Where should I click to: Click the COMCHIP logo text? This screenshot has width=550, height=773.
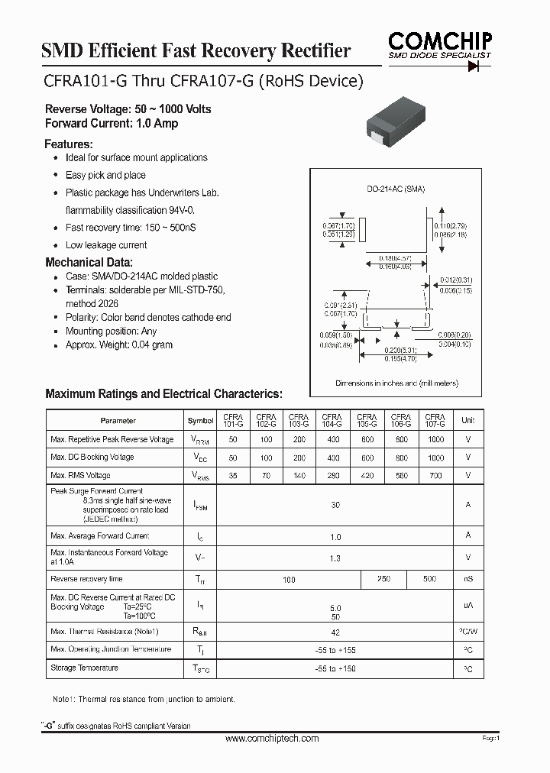click(x=438, y=41)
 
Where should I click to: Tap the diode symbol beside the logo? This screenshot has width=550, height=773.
click(x=480, y=66)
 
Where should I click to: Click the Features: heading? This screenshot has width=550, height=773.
click(x=69, y=144)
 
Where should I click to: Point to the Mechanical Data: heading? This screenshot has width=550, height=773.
click(x=89, y=262)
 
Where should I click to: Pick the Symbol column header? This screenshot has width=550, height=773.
click(x=200, y=421)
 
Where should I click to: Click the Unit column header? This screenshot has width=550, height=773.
click(x=467, y=421)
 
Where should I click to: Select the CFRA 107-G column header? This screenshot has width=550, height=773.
click(x=435, y=420)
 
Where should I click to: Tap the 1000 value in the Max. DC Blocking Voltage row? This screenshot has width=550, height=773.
click(x=435, y=458)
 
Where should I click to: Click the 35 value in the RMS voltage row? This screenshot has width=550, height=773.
click(x=233, y=475)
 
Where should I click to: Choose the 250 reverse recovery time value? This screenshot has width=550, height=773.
click(x=384, y=579)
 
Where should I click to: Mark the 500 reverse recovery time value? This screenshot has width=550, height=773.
click(x=429, y=579)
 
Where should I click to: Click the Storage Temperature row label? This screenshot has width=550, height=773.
click(x=84, y=668)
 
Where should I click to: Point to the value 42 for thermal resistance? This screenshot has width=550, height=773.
click(x=335, y=632)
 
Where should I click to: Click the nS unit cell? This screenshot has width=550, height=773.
click(x=467, y=580)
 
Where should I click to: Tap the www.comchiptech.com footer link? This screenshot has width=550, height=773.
click(x=273, y=739)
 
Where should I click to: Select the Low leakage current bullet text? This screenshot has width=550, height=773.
click(x=106, y=245)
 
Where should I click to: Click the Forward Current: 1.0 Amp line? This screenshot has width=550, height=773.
click(x=112, y=123)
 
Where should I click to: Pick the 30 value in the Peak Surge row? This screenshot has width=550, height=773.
click(x=335, y=505)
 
